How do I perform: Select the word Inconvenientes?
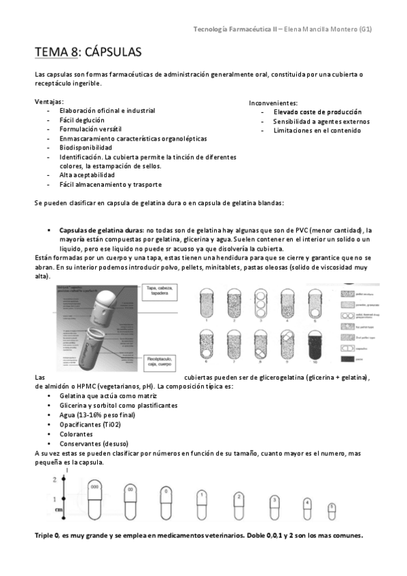pos(273,101)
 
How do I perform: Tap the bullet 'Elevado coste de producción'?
pos(317,111)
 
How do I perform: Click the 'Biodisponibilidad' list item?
pos(86,147)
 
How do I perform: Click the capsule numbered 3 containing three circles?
pos(260,301)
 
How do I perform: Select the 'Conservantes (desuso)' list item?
pos(92,443)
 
